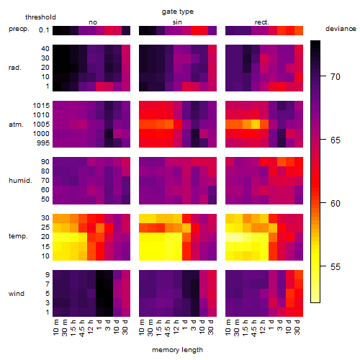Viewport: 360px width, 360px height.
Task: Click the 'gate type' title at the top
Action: [x=178, y=12]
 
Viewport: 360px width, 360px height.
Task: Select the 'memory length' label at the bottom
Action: [x=177, y=350]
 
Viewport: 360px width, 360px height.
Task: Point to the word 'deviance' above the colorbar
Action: [x=341, y=29]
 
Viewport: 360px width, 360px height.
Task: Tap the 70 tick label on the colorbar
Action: [x=336, y=77]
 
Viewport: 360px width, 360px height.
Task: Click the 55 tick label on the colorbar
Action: [x=336, y=267]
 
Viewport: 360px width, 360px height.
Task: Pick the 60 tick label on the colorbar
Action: [x=336, y=204]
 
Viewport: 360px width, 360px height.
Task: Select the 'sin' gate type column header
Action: [x=177, y=22]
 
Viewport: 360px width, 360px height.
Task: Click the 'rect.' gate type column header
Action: [x=262, y=22]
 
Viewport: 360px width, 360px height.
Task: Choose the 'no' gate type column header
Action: [x=93, y=22]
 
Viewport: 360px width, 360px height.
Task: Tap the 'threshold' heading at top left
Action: [x=40, y=17]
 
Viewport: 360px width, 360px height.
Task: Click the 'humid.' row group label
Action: [x=20, y=181]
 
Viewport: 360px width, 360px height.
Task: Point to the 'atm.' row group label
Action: [x=16, y=125]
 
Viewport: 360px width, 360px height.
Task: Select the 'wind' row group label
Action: [x=17, y=294]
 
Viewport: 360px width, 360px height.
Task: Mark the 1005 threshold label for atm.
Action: [x=41, y=125]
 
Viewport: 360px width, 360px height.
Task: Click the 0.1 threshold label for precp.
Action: [x=44, y=30]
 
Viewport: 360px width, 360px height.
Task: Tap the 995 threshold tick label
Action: [x=43, y=143]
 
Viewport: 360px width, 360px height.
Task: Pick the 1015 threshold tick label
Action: [x=41, y=106]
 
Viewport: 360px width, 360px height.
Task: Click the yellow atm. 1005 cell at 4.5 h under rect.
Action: [x=256, y=124]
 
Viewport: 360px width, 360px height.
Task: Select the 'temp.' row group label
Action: [x=18, y=236]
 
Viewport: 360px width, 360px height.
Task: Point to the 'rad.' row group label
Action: [x=15, y=68]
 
